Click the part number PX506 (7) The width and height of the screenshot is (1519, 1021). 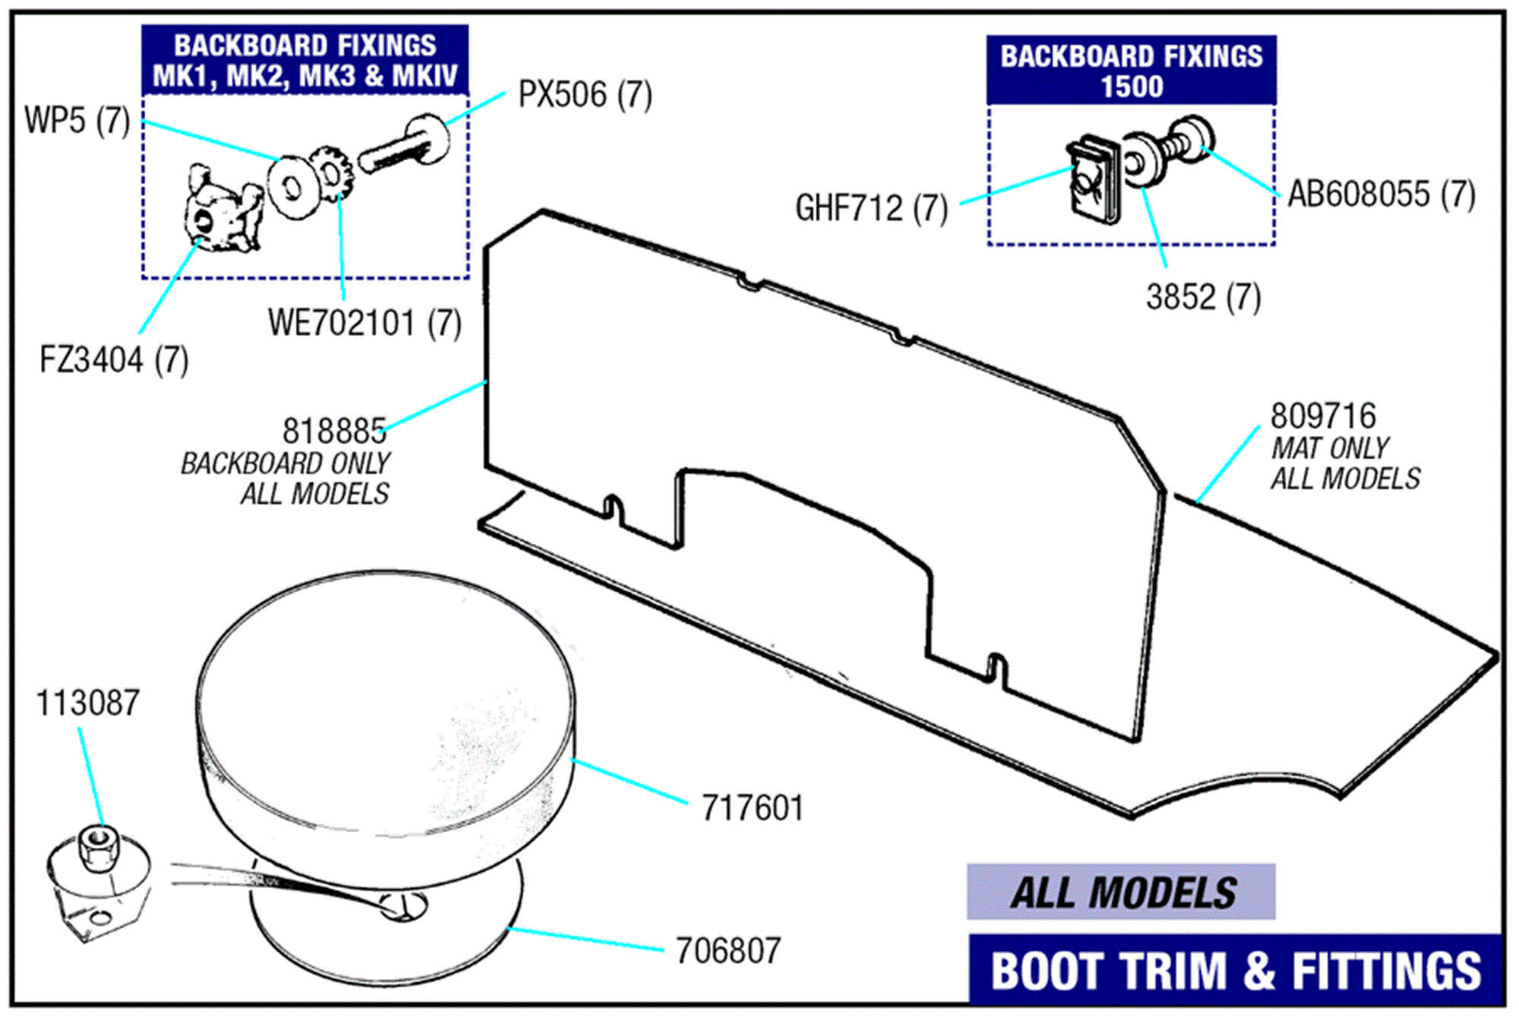click(x=584, y=96)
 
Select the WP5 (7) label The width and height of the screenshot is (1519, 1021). click(x=77, y=121)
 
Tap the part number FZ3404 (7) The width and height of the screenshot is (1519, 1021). click(x=114, y=360)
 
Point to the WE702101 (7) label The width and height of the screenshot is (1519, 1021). click(x=365, y=324)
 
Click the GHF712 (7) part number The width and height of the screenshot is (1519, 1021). click(x=871, y=208)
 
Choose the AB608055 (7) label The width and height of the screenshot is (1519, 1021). click(x=1382, y=194)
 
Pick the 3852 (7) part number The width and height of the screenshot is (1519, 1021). click(x=1203, y=297)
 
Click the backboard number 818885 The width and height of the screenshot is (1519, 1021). click(x=334, y=431)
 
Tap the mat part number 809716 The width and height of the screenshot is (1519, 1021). click(x=1322, y=416)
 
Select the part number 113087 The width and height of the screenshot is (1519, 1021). click(x=88, y=703)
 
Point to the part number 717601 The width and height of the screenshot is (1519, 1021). click(x=752, y=808)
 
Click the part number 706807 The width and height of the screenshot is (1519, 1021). click(x=728, y=951)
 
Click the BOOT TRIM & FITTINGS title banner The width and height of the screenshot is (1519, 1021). click(x=1236, y=971)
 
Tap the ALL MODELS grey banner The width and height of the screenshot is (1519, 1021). click(x=1121, y=893)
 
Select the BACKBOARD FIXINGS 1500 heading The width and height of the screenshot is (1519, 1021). click(x=1131, y=71)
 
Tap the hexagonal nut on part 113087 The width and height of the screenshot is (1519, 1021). click(x=97, y=847)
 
